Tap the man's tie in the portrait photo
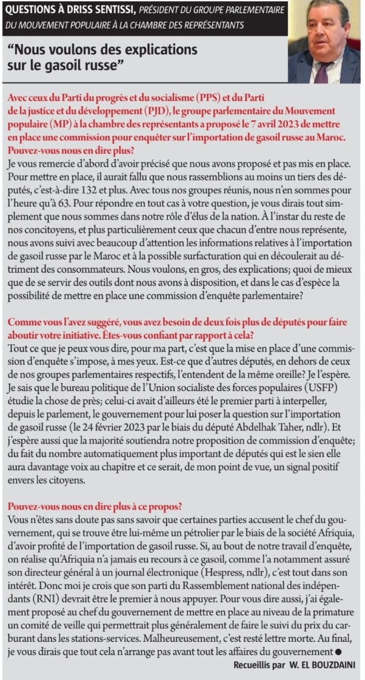[321, 72]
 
